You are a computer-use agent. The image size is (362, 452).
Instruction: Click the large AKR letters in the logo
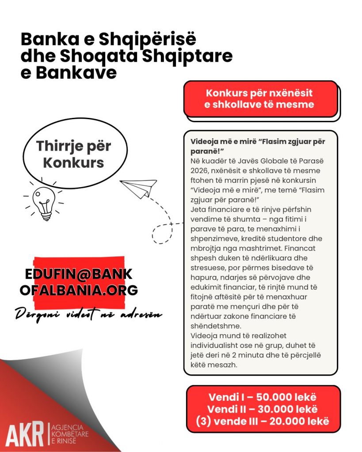click(26, 434)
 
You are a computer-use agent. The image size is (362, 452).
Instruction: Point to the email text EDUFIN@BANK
click(79, 275)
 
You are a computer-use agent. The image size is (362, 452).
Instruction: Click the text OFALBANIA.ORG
click(79, 290)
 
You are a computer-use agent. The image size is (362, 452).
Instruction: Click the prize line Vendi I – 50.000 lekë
click(263, 396)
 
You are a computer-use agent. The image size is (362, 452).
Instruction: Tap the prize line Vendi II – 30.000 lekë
click(263, 409)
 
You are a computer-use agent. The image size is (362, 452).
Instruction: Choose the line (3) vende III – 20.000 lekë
click(263, 421)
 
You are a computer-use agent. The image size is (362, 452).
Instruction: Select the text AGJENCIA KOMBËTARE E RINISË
click(70, 434)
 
